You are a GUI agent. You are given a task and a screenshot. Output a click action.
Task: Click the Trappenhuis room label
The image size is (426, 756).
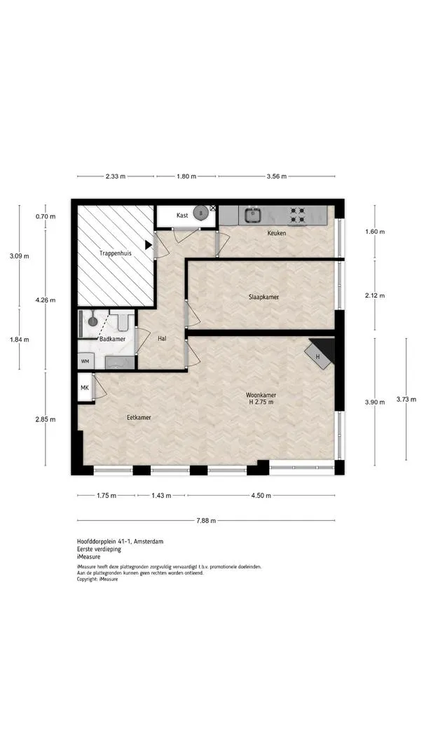point(116,253)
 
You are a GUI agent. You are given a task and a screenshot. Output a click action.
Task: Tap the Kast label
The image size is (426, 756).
point(182,216)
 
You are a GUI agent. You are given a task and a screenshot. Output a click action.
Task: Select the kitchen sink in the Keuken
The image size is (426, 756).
point(252,215)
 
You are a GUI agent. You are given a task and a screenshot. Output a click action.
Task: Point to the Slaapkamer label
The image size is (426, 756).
point(264,297)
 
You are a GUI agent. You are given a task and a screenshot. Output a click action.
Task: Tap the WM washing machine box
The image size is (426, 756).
point(85,362)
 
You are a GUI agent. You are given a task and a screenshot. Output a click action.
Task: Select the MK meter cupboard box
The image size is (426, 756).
point(84,387)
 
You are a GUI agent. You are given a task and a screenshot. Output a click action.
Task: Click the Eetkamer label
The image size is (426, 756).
point(139,417)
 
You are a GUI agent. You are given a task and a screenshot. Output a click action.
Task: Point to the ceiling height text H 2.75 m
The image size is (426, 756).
point(261,402)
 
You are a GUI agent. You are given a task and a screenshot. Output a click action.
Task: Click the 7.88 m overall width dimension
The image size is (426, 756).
point(206,520)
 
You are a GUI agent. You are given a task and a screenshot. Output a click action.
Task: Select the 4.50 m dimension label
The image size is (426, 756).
point(261,495)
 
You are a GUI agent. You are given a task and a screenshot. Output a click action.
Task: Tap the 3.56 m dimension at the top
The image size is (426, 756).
point(277,176)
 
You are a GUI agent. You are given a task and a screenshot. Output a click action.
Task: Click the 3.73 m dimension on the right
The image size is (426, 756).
point(406,399)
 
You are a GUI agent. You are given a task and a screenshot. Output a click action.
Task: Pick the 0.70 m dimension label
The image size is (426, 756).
point(46,216)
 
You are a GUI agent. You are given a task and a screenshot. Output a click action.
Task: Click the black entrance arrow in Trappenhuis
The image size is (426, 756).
point(149,245)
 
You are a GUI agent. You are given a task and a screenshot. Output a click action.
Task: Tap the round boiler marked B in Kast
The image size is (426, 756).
point(200,213)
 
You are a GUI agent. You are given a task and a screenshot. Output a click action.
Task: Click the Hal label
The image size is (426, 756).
point(162,339)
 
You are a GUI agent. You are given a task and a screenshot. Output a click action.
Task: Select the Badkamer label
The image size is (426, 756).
point(112,339)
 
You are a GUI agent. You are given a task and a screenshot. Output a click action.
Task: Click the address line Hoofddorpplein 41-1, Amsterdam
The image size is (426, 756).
point(120,541)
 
